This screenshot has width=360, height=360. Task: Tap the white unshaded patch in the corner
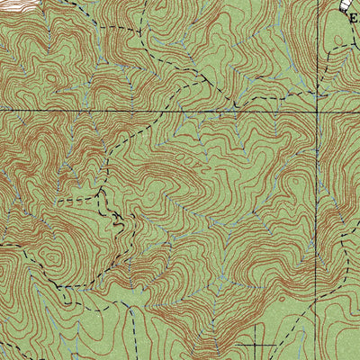[11, 5]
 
